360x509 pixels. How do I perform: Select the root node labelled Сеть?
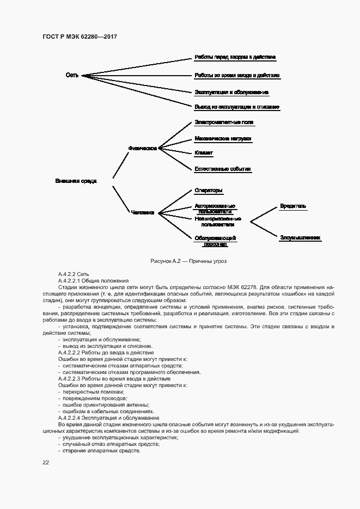72,75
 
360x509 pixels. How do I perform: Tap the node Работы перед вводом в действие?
235,57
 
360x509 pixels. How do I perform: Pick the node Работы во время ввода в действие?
237,75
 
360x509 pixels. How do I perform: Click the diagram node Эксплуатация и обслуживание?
231,92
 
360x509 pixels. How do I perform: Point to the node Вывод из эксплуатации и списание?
237,107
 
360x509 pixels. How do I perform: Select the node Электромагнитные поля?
224,122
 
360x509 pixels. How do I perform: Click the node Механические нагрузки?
223,139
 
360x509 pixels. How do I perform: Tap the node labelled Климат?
204,153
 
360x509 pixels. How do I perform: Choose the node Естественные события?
222,169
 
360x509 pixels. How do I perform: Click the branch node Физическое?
143,148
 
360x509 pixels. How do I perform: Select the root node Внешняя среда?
76,181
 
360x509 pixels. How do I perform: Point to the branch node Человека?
143,213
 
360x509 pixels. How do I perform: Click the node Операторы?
209,191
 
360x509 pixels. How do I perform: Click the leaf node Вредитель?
293,206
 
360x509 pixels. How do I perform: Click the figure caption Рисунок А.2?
188,261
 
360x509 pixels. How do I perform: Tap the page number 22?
46,462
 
